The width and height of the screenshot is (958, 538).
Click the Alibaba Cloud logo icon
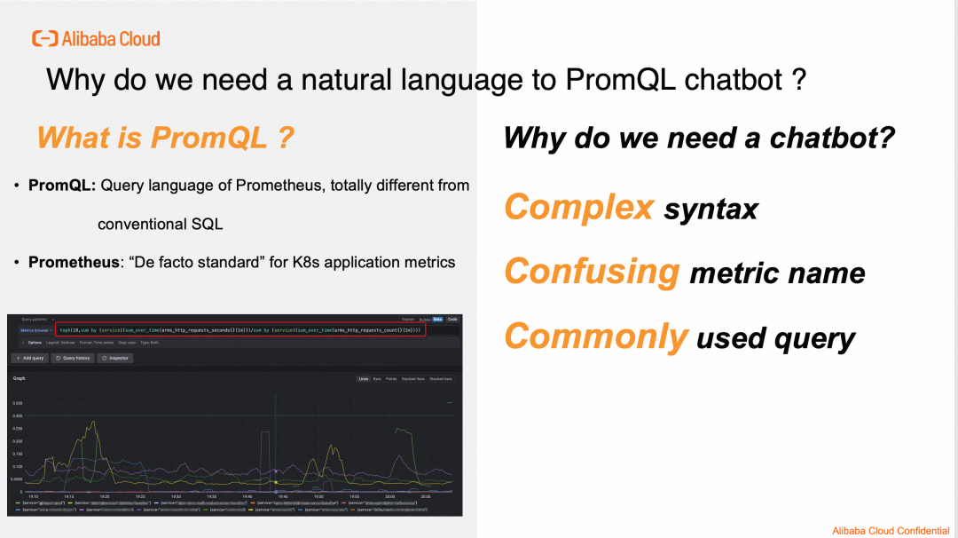click(x=44, y=38)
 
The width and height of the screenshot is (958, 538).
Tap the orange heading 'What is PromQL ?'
click(x=166, y=138)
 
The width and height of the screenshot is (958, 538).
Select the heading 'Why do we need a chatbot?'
click(x=699, y=138)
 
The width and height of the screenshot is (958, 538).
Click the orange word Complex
click(x=579, y=207)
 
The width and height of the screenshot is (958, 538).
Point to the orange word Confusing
click(x=592, y=271)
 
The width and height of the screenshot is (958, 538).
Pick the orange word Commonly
click(x=595, y=336)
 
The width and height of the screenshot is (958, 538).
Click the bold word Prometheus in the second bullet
click(x=73, y=262)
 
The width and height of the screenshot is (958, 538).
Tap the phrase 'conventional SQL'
click(x=160, y=224)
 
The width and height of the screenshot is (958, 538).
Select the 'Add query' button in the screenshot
click(x=29, y=358)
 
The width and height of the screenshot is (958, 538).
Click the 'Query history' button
click(x=72, y=358)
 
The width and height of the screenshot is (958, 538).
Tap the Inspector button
click(x=115, y=358)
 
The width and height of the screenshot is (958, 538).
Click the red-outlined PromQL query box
click(x=239, y=330)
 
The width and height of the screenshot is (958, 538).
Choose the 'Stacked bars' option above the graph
click(x=441, y=379)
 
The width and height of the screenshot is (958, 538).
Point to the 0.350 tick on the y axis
click(x=18, y=403)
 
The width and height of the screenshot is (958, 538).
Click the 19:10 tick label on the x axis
click(x=32, y=496)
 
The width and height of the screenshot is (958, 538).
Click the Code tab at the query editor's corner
click(x=452, y=319)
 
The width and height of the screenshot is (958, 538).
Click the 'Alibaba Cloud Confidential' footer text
click(x=890, y=530)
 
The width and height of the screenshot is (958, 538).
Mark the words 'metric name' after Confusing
click(x=776, y=273)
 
